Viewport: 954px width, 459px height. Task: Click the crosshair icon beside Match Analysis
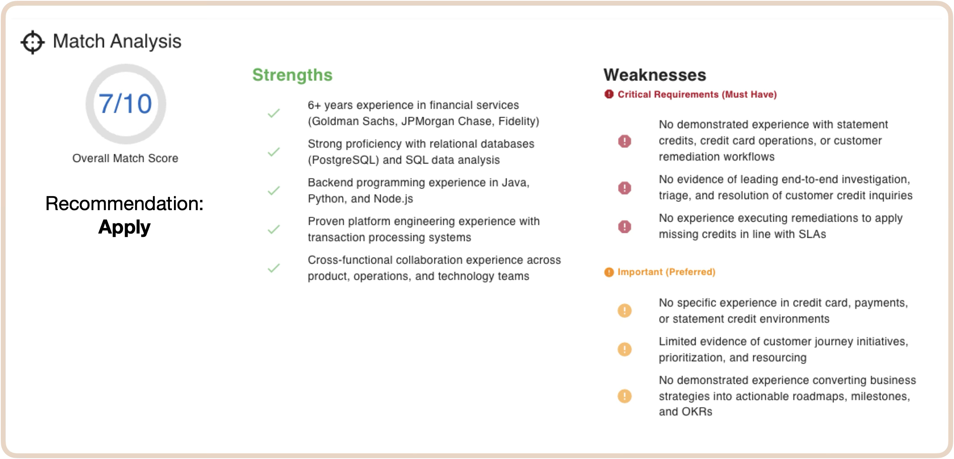[x=33, y=42]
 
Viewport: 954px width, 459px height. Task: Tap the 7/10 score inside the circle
[x=125, y=104]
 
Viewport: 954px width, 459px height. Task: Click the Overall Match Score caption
[x=125, y=158]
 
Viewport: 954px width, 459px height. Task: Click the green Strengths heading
[x=292, y=75]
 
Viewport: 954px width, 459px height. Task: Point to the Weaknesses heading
[x=655, y=75]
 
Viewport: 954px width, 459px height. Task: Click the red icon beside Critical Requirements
[x=609, y=94]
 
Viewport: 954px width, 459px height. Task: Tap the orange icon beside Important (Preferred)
[x=609, y=272]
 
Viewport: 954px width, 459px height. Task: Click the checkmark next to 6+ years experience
[x=274, y=113]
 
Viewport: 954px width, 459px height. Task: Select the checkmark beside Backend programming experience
[x=274, y=191]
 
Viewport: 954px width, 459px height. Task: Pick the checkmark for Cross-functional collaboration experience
[x=274, y=268]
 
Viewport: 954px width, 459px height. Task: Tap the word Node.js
[x=393, y=199]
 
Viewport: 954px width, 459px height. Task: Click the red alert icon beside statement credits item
[x=625, y=141]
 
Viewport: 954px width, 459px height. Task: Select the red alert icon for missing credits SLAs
[x=625, y=227]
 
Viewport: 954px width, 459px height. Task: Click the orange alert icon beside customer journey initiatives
[x=625, y=349]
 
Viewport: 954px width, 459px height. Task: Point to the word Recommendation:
[x=124, y=203]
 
